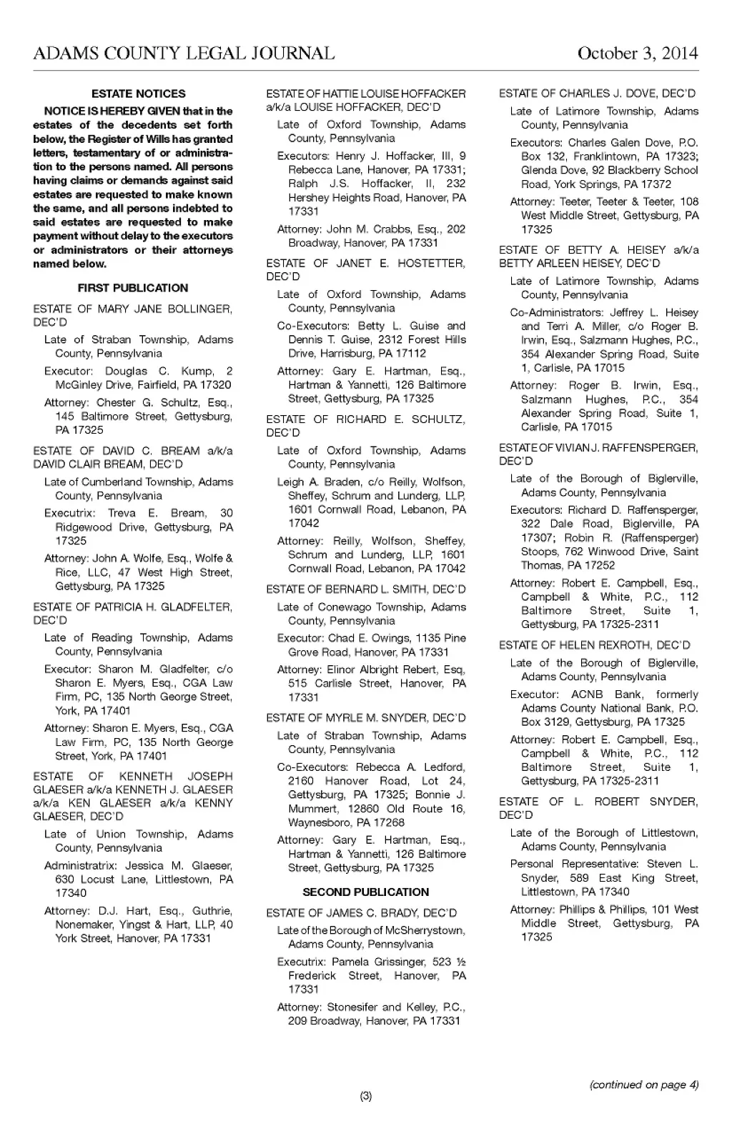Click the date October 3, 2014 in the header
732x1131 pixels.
coord(637,54)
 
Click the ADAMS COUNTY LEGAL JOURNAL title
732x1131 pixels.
coord(184,54)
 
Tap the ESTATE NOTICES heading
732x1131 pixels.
coord(139,94)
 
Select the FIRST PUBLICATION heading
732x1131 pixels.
coord(133,288)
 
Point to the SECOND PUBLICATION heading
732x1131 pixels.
coord(366,892)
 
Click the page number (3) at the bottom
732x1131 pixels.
coord(366,1097)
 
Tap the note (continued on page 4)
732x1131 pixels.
coord(643,1085)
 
